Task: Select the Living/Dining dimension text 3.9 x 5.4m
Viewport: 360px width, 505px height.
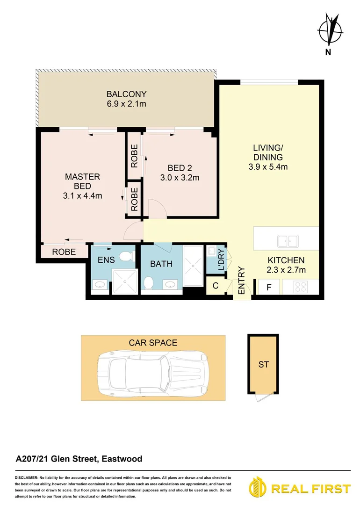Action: [268, 166]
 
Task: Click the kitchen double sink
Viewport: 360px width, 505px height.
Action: [288, 241]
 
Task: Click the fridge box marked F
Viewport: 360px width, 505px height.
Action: [268, 286]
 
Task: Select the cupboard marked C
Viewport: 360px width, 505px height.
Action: [216, 285]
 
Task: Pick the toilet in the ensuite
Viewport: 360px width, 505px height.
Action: [126, 256]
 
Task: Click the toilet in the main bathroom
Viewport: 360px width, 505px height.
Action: [149, 283]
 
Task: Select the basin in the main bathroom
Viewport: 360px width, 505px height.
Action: [170, 284]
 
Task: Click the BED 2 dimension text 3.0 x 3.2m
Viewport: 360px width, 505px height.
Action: [180, 178]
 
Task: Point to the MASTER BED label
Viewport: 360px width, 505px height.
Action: [82, 181]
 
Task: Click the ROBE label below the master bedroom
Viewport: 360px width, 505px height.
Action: [64, 251]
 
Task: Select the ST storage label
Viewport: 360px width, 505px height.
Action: [264, 364]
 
